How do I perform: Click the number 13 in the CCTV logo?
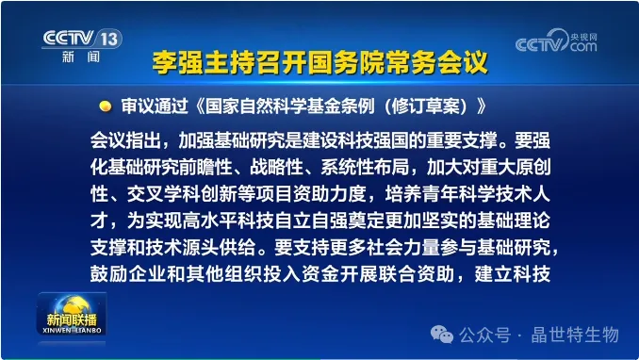109,40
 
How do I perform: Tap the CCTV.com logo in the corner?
556,41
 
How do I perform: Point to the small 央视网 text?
583,37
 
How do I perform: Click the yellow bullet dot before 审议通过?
106,106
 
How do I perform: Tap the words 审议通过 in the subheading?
155,106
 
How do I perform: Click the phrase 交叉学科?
162,193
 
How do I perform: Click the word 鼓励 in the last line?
108,274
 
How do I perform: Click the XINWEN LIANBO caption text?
72,330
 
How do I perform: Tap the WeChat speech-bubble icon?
442,335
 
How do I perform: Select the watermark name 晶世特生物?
575,335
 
